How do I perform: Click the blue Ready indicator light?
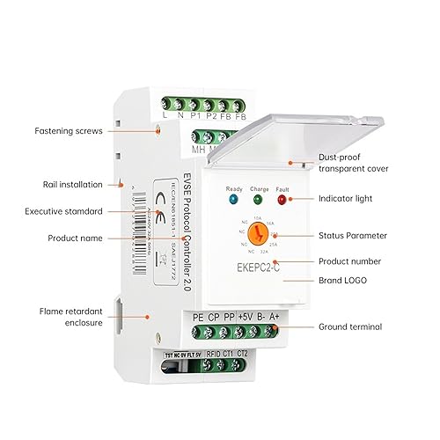point(233,200)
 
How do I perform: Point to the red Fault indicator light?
point(282,200)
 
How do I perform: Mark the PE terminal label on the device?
point(201,317)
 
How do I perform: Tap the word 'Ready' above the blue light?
point(233,188)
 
